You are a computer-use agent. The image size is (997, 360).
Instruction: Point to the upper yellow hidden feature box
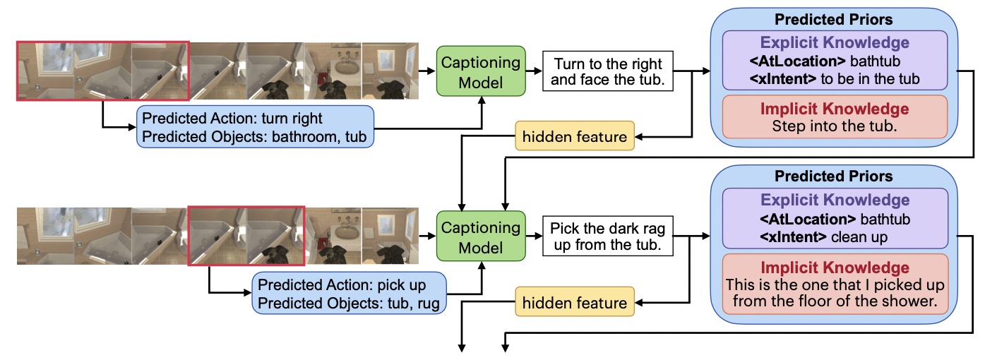574,136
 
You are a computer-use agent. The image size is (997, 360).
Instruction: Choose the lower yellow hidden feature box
574,303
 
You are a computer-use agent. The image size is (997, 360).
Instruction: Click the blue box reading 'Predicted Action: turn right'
254,126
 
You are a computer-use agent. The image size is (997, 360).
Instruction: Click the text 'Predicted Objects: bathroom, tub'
255,136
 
